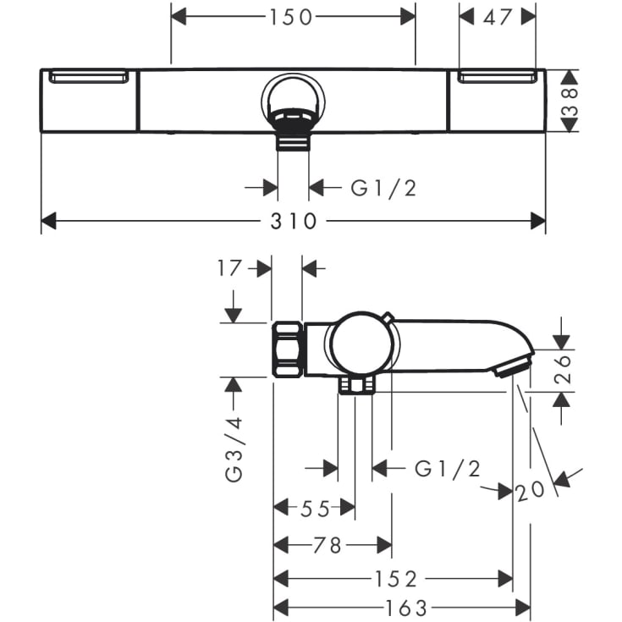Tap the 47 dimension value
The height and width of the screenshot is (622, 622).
[x=498, y=16]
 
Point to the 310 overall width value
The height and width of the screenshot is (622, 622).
[x=293, y=222]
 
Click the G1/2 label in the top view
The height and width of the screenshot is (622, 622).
[x=384, y=188]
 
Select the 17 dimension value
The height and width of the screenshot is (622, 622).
[x=229, y=269]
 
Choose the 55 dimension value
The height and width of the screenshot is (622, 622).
[x=314, y=508]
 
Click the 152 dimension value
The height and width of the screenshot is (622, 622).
[x=396, y=579]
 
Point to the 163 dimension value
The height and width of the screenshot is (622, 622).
[x=401, y=608]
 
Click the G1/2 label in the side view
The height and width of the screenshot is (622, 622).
[x=448, y=469]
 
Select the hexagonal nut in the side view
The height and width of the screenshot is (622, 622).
[x=288, y=349]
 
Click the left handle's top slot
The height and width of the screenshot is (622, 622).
[x=89, y=78]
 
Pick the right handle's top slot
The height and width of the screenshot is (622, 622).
[x=498, y=78]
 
